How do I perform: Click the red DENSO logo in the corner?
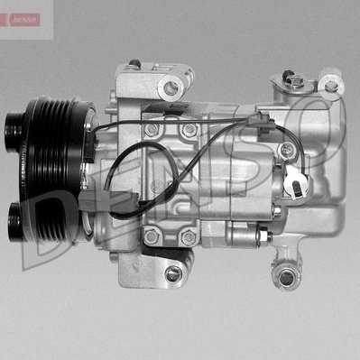pos(21,19)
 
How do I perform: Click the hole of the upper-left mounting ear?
pos(171,88)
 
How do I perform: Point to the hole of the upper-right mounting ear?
pos(330,86)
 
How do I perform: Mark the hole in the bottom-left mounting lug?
pos(173,272)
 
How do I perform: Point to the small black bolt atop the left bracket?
pos(134,64)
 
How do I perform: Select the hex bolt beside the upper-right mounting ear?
pos(295,82)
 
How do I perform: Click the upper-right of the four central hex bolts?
pos(189,130)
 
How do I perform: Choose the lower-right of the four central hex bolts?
pos(189,236)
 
